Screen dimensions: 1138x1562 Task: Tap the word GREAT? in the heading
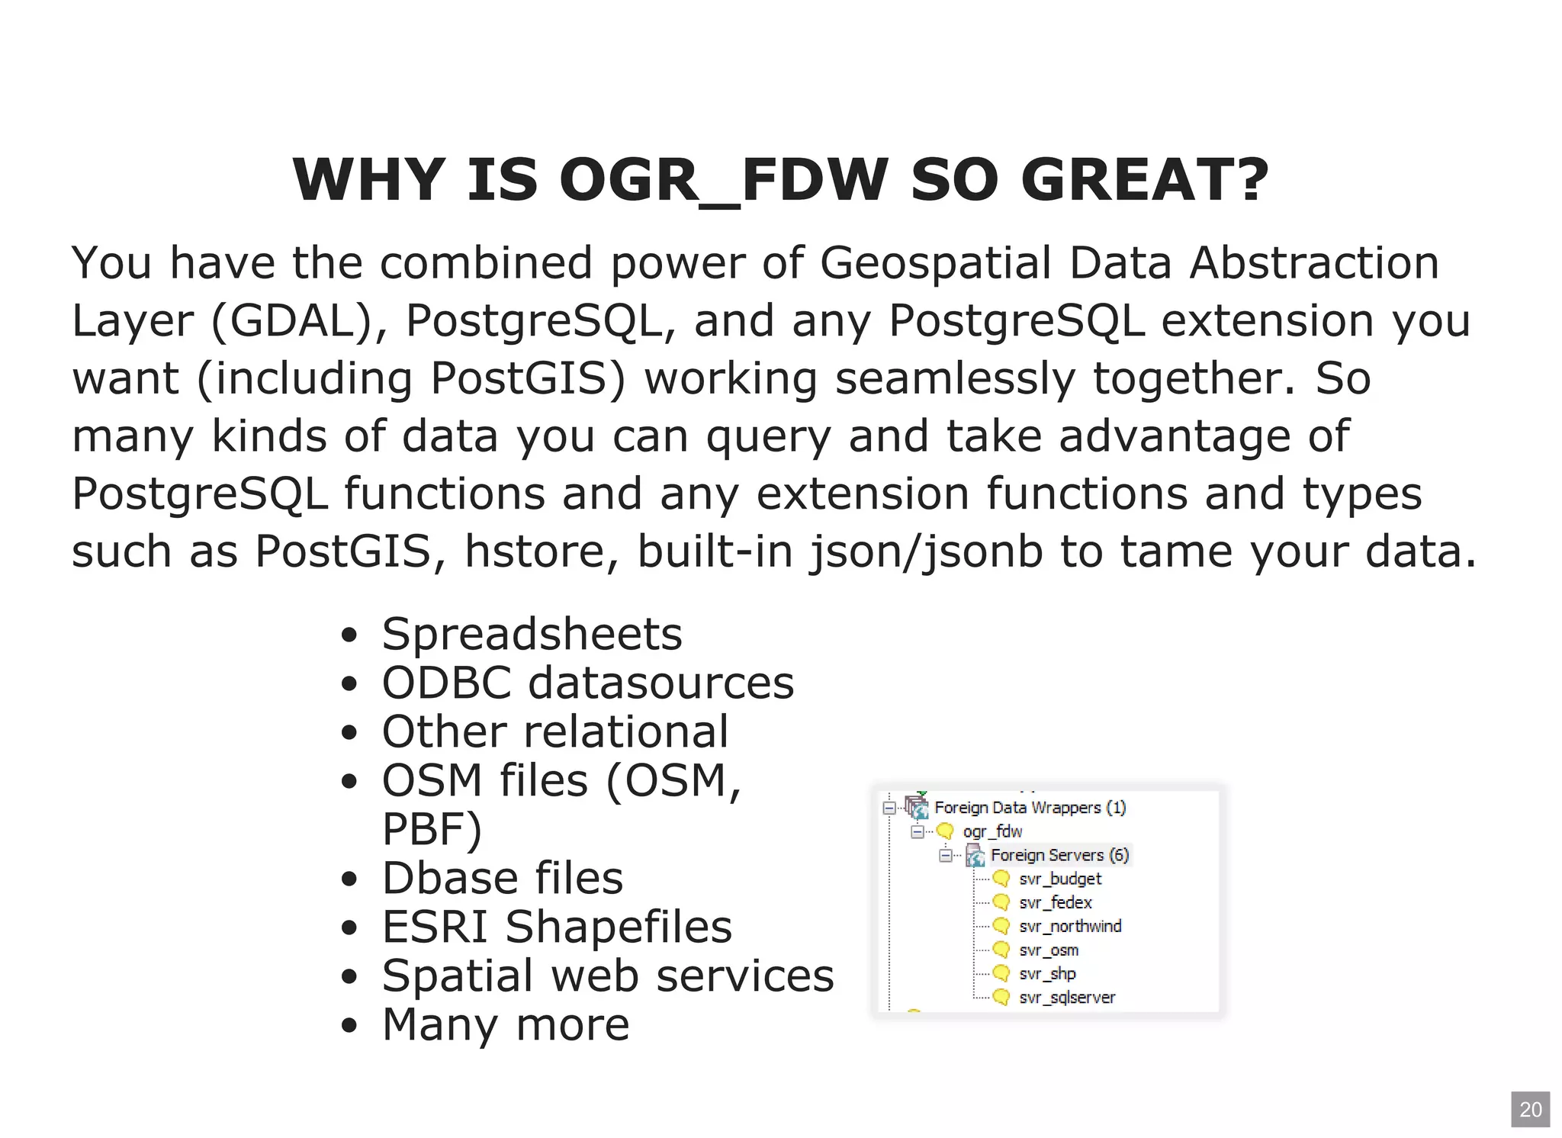click(x=1144, y=180)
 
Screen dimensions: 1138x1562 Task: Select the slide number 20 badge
click(x=1530, y=1109)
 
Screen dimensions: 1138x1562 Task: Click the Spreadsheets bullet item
click(x=532, y=634)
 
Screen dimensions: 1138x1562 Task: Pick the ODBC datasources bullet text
click(x=587, y=683)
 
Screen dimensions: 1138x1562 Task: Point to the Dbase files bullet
click(x=502, y=878)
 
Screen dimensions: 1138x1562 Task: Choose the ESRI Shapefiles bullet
click(x=557, y=927)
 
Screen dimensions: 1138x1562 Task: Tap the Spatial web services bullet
click(x=608, y=976)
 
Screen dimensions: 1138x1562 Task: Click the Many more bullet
click(x=506, y=1024)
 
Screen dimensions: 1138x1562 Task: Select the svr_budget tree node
click(x=1060, y=879)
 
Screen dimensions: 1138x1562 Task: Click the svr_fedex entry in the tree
click(x=1056, y=902)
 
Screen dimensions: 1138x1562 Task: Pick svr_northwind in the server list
click(x=1070, y=926)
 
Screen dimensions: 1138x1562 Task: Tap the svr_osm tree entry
click(x=1049, y=950)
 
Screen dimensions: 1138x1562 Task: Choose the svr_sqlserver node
click(x=1067, y=998)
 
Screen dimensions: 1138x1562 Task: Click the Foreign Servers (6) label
click(x=1059, y=855)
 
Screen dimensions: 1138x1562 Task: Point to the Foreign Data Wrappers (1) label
click(x=1030, y=808)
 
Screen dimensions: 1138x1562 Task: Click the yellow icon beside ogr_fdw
click(x=945, y=831)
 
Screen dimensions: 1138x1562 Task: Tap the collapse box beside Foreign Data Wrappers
click(x=889, y=808)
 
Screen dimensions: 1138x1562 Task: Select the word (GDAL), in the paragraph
click(x=298, y=320)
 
